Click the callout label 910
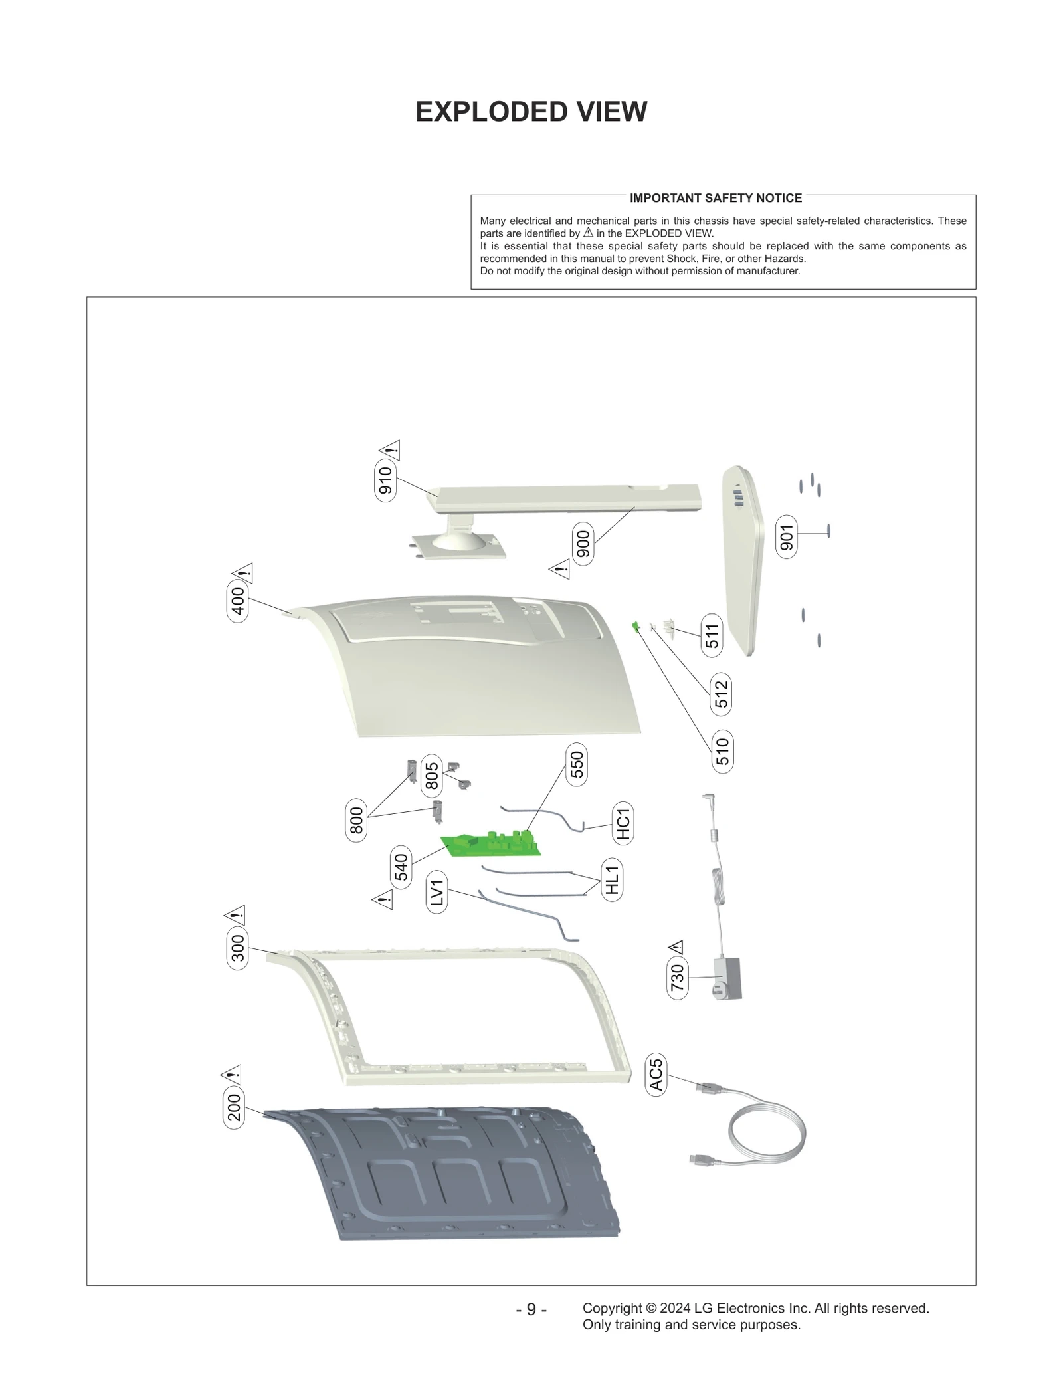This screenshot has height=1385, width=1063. coord(385,480)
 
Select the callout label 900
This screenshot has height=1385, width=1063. coord(582,544)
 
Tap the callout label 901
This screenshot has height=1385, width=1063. coord(787,537)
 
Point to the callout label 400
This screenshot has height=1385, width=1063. coord(237,601)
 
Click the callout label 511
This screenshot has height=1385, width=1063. coord(712,636)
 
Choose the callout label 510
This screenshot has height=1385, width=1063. coord(722,751)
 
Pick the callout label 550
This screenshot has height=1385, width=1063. coord(576,764)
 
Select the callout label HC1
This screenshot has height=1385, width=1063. coord(623,823)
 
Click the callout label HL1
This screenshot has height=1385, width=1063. coord(612,879)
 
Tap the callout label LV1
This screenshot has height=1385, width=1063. coord(436,893)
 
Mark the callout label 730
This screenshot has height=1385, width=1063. coord(676,977)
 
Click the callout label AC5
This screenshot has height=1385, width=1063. coord(655,1075)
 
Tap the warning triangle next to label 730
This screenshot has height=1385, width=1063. coord(676,946)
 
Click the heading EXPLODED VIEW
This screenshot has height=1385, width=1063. coord(531,112)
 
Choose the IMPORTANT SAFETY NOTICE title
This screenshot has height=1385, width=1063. coord(716,198)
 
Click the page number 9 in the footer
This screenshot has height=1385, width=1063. coord(531,1309)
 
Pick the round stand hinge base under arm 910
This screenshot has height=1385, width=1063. coord(457,541)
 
